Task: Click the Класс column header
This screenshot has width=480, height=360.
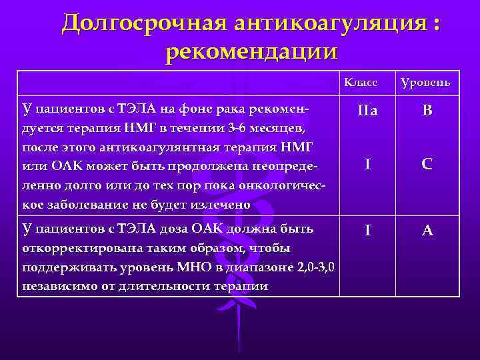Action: [x=361, y=83]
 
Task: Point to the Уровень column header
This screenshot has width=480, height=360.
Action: [x=425, y=83]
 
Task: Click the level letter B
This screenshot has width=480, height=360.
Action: [x=427, y=111]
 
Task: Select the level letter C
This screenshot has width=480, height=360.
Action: [x=427, y=164]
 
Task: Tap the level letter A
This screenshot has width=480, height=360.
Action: [x=427, y=231]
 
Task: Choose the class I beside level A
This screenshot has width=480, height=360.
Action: [x=367, y=231]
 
